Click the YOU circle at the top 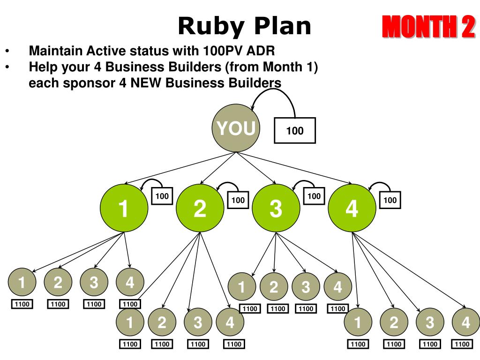[235, 128]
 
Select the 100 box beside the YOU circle [295, 130]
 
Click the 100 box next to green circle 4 [390, 200]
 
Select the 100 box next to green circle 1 [162, 196]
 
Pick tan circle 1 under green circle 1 [22, 282]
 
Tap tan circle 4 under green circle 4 [465, 322]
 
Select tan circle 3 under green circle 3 [306, 286]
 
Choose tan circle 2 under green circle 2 [162, 322]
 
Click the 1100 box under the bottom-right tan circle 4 [462, 345]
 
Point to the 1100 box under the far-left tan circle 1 [22, 304]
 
